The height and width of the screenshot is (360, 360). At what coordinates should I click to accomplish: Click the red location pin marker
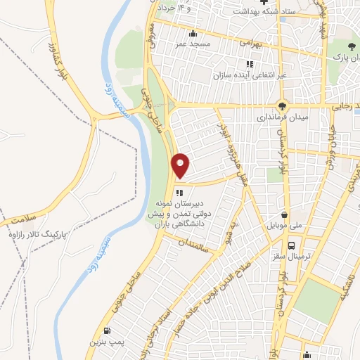[181, 166]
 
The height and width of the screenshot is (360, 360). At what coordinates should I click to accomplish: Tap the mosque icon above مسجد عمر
[193, 32]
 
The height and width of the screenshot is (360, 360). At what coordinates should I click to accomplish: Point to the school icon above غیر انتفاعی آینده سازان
[250, 64]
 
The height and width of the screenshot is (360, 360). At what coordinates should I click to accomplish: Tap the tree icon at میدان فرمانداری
[282, 106]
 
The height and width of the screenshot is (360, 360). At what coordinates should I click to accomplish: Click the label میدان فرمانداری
[280, 118]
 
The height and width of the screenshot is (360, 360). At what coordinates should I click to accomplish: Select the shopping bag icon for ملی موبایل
[284, 215]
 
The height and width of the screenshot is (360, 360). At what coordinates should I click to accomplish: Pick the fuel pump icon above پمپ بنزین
[107, 331]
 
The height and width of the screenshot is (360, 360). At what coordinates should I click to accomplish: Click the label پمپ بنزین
[103, 342]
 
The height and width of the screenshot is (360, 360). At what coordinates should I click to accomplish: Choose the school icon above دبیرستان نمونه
[180, 192]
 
